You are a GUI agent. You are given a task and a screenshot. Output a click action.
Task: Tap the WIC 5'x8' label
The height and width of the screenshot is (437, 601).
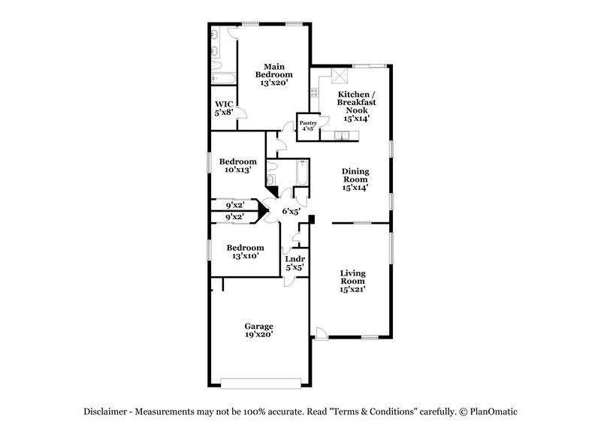pyautogui.click(x=223, y=108)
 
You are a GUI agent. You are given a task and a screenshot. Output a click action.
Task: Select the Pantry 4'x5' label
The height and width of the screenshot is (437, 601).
pyautogui.click(x=308, y=125)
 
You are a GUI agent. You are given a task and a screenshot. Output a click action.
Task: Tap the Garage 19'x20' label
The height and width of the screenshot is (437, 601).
pyautogui.click(x=258, y=330)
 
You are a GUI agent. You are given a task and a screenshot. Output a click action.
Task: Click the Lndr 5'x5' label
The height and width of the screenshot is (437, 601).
pyautogui.click(x=294, y=264)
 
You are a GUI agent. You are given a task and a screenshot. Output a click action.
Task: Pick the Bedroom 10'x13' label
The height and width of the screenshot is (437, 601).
pyautogui.click(x=238, y=165)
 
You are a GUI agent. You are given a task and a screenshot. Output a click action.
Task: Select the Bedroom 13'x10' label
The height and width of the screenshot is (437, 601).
pyautogui.click(x=246, y=252)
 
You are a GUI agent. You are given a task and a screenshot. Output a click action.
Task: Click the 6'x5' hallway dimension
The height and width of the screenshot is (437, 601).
pyautogui.click(x=291, y=212)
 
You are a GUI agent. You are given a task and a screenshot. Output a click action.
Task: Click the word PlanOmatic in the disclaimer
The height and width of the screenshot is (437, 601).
pyautogui.click(x=496, y=412)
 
